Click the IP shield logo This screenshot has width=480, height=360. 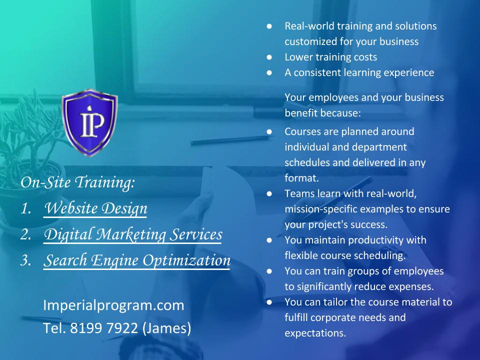coord(89,122)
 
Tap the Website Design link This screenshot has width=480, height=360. coord(95,208)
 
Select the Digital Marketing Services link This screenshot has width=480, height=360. coord(133,234)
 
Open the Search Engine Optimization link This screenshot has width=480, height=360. coord(137,260)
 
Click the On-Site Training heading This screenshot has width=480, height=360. coord(78,182)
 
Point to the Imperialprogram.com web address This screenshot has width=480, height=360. coord(113,305)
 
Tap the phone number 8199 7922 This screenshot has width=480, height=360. coord(104,328)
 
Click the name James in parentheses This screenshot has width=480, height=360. coord(167,328)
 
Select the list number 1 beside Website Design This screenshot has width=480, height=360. coord(25,209)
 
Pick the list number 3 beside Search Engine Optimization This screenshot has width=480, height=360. coord(25,260)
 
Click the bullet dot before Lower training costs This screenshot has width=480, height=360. coord(269,57)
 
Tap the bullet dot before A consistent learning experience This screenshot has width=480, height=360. coord(269,73)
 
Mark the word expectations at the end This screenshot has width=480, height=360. coord(315,333)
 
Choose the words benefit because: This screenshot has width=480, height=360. coord(322,113)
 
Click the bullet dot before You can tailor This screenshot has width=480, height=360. coord(269,302)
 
